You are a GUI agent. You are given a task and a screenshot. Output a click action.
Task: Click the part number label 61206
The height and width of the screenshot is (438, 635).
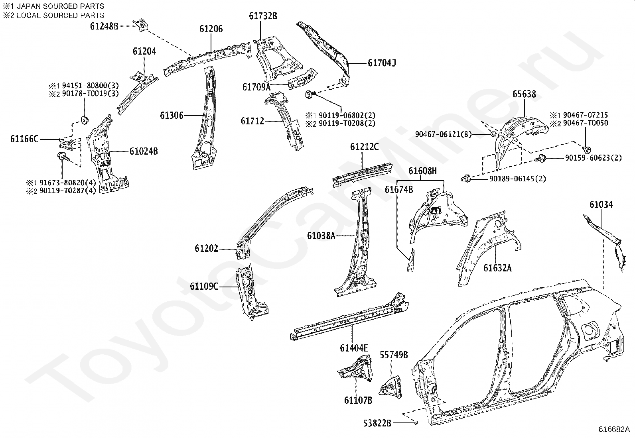click(x=211, y=29)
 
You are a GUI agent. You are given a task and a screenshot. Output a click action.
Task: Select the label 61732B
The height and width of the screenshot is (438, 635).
click(x=263, y=16)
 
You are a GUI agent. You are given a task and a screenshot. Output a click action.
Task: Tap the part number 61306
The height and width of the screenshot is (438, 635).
click(x=172, y=115)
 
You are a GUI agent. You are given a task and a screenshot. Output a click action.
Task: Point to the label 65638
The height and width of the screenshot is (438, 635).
click(x=524, y=94)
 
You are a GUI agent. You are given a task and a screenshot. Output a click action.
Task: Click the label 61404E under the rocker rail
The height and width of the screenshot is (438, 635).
click(x=354, y=348)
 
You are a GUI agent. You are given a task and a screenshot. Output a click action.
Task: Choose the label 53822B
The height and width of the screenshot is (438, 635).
click(x=377, y=423)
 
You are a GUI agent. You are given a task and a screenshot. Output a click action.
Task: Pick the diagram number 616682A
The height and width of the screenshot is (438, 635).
click(x=614, y=430)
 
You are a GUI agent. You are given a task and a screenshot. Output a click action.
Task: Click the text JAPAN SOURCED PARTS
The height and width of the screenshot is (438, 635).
click(x=60, y=6)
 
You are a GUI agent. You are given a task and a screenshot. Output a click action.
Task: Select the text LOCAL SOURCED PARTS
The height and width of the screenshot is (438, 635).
click(x=60, y=15)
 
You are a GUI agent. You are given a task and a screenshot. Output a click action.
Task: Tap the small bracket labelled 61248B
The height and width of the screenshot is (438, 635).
click(x=141, y=25)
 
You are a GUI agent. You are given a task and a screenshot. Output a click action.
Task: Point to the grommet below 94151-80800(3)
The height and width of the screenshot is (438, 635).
click(x=84, y=120)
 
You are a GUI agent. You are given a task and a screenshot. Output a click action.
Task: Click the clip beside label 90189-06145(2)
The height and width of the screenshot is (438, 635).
click(x=466, y=179)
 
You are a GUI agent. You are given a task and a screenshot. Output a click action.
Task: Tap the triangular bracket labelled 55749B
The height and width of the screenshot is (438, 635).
click(x=391, y=387)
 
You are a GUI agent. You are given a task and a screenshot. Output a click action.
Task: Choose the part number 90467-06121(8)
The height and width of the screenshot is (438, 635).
click(x=443, y=134)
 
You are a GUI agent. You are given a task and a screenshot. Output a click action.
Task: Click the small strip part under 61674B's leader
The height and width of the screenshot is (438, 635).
click(x=410, y=260)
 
